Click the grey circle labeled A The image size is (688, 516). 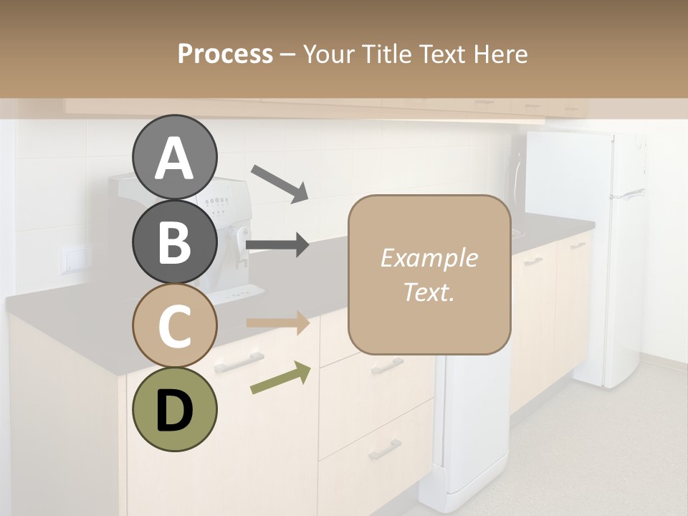pos(174,158)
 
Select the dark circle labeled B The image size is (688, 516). pos(174,242)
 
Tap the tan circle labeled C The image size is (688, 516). pos(174,326)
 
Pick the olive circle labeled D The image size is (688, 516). pos(174,410)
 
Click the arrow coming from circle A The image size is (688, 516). pos(279,183)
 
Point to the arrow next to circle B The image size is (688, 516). pos(277,245)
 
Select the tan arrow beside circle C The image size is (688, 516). pos(277,322)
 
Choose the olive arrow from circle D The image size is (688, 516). pos(280,378)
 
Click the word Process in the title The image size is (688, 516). pos(225,54)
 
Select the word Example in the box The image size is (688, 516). pos(429,258)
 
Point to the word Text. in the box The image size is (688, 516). pos(429,292)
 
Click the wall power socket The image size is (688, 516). pos(74,259)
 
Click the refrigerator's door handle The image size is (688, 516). pos(631,193)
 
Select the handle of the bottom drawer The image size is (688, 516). pos(385,450)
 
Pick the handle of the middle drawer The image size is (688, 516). pos(387,366)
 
